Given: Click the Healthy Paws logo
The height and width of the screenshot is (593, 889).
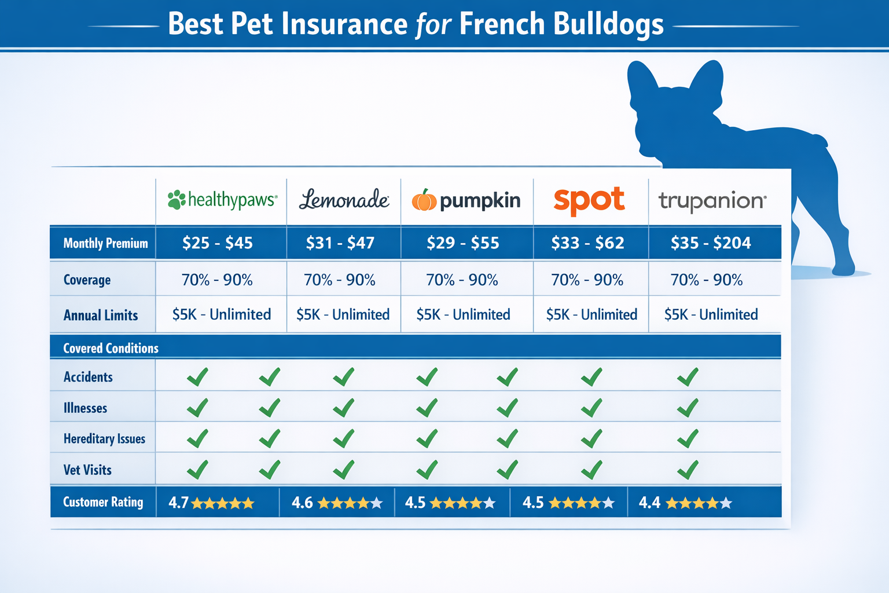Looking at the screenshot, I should point(222,200).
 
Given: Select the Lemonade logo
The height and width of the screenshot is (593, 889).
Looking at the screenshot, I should point(344,200).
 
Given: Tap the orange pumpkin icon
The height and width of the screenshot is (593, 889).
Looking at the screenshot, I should point(424,200).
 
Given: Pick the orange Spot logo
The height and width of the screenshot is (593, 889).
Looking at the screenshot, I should point(589,200).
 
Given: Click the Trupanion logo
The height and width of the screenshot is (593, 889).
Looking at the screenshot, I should point(712,201).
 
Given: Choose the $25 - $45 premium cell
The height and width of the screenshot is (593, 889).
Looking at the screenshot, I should point(218,243).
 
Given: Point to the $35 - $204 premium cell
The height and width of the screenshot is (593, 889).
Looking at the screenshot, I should point(711,243).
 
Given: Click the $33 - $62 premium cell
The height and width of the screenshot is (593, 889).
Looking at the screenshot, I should point(587,243).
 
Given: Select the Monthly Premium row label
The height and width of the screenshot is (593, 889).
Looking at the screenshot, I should point(105,243).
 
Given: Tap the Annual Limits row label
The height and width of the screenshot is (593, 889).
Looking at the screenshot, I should point(101,316).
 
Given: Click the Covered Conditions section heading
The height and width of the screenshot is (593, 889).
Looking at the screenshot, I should point(111,348).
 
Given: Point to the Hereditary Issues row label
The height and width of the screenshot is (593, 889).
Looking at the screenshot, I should point(104,439).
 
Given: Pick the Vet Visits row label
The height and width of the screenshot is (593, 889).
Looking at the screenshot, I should point(87,470).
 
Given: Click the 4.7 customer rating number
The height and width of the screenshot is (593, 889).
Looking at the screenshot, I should point(178,503).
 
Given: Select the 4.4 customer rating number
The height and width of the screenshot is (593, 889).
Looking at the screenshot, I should point(649,503).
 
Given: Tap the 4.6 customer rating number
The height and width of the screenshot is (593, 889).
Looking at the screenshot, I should point(302,503).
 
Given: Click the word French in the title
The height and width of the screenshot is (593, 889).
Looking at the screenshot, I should point(502,24).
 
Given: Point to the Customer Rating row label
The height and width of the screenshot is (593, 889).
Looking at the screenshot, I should point(103,502).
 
